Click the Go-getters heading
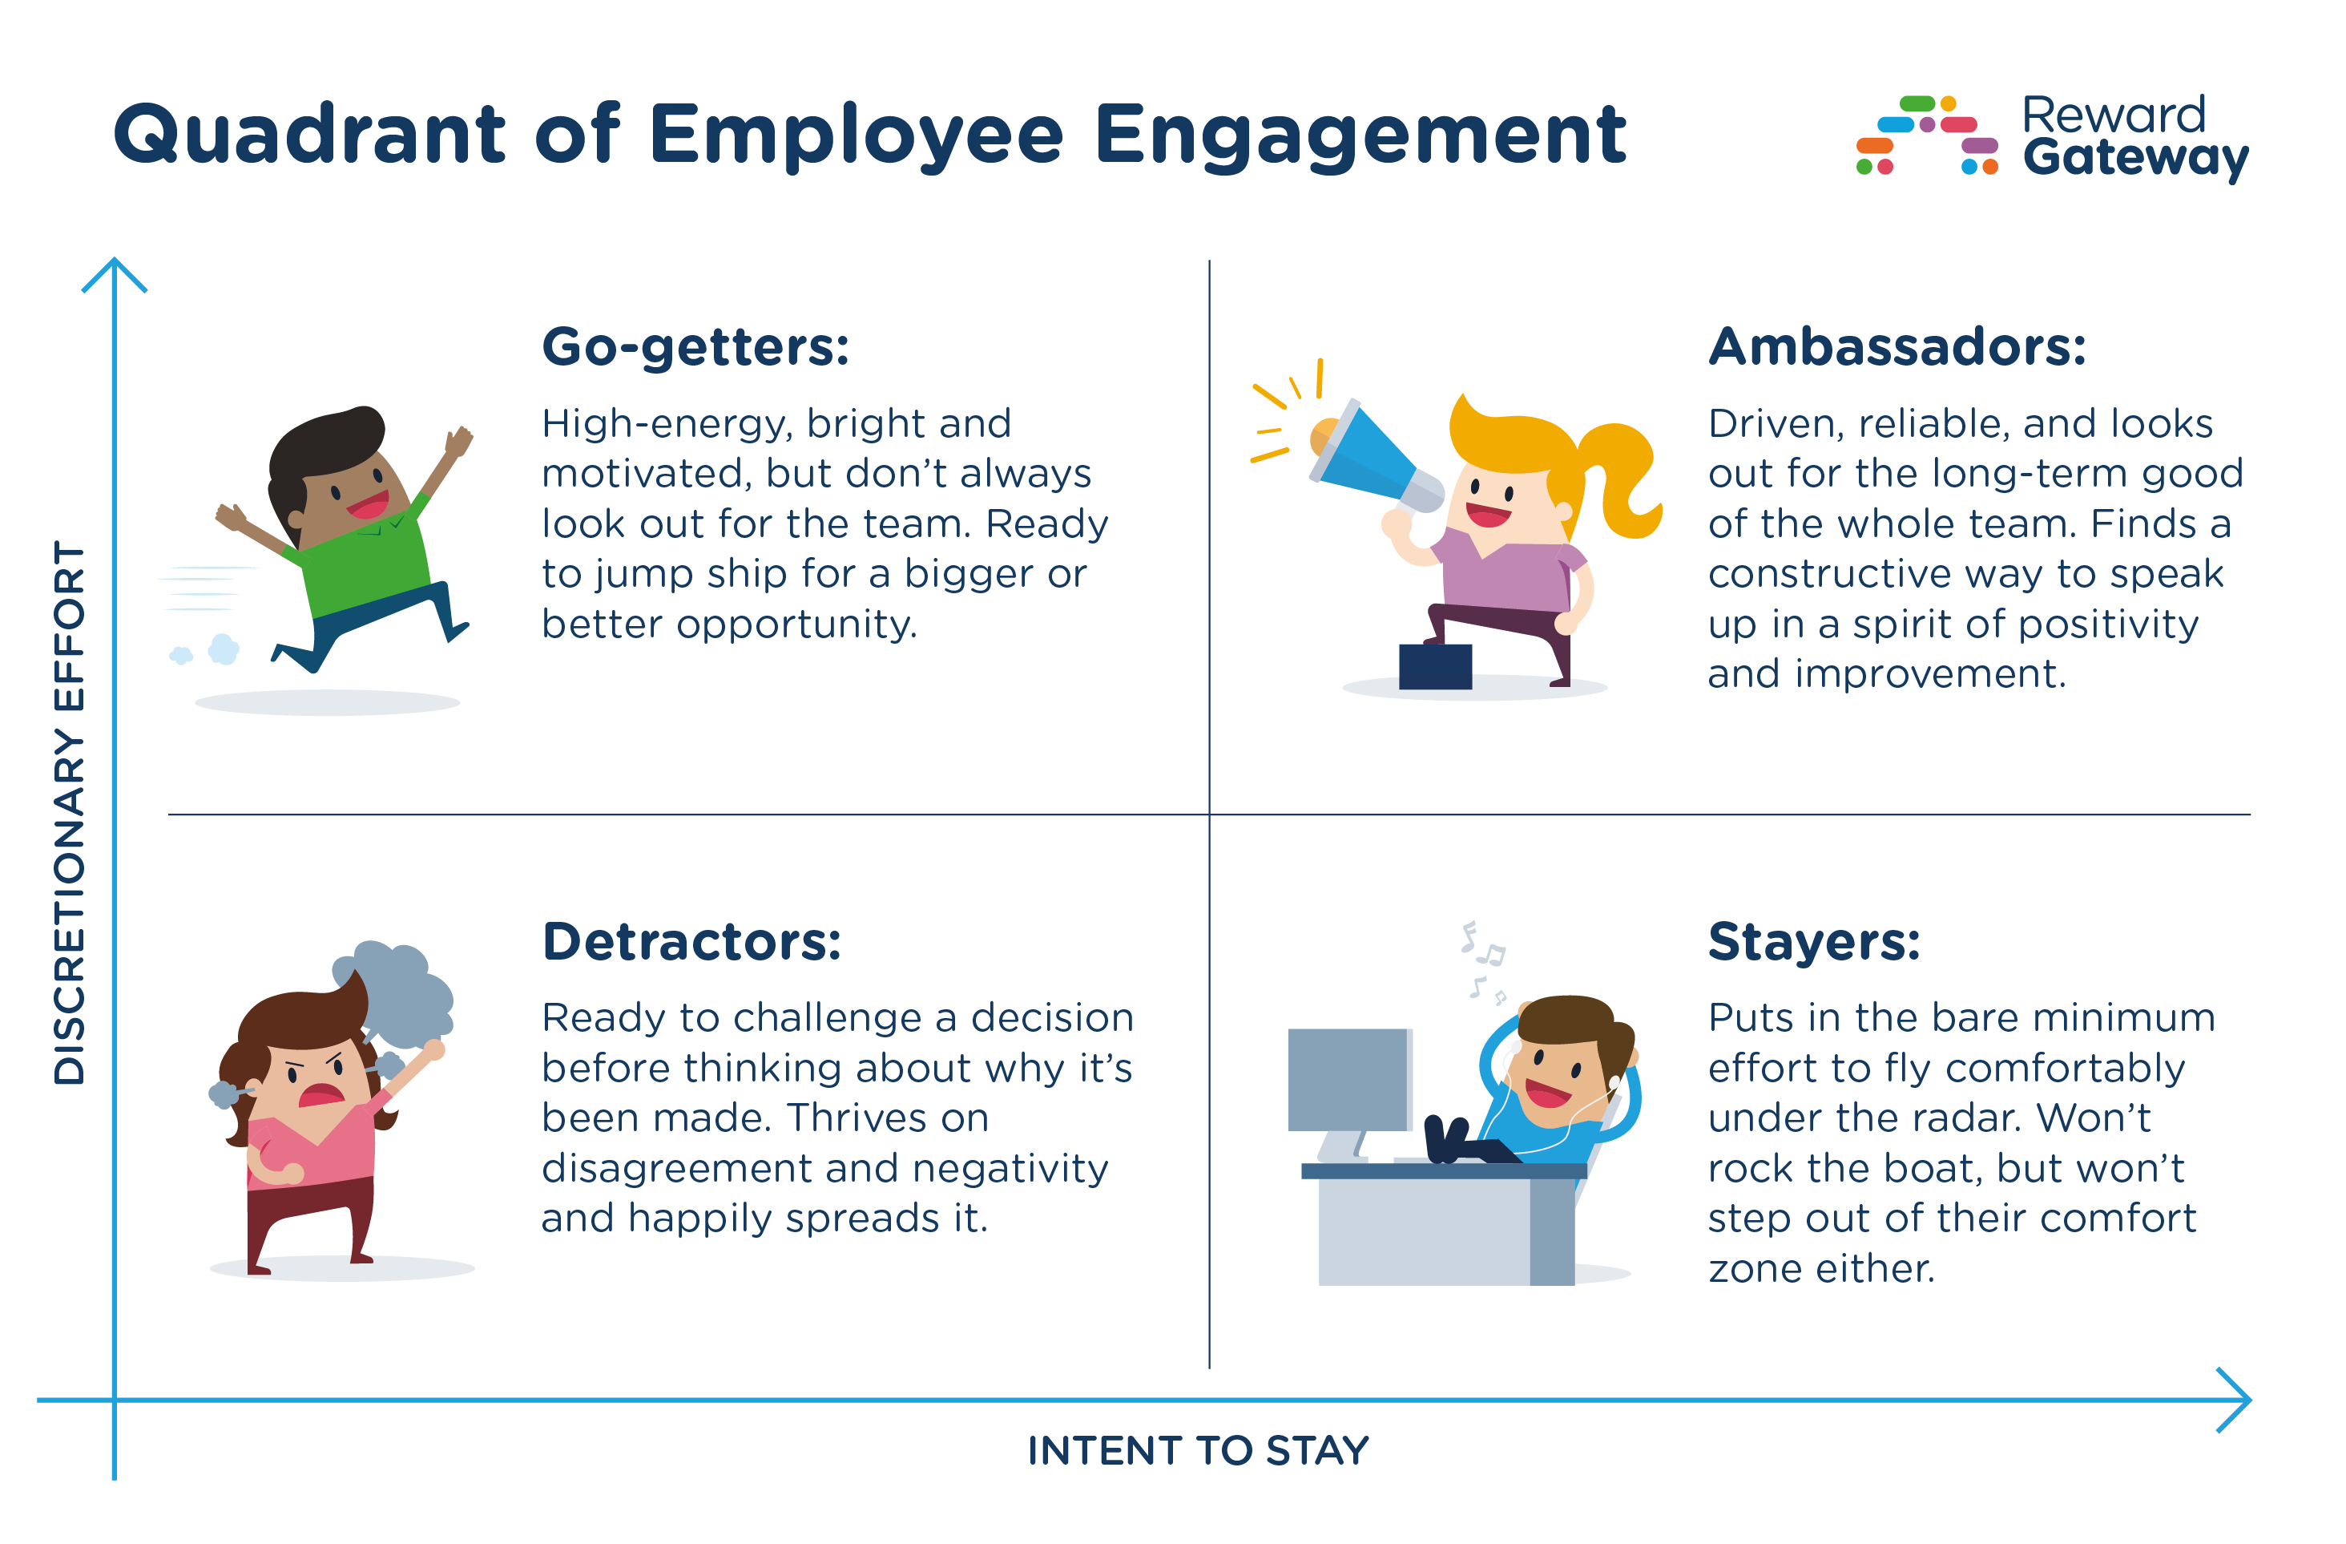tap(695, 348)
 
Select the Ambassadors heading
tap(1897, 347)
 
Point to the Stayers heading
tap(1814, 942)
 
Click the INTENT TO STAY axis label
tap(1198, 1450)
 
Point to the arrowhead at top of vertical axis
tap(115, 271)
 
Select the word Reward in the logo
tap(2112, 115)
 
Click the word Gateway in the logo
tap(2134, 158)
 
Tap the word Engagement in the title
tap(1360, 135)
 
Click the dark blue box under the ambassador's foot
tap(1435, 666)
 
